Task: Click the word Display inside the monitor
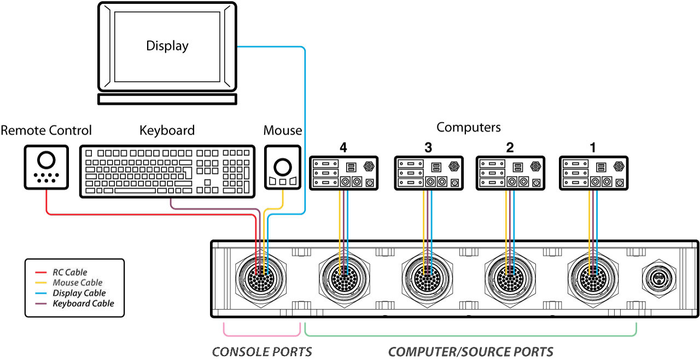pos(167,46)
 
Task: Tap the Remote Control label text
pos(46,131)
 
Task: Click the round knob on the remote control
pos(46,159)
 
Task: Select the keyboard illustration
pos(167,171)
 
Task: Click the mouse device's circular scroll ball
pos(283,166)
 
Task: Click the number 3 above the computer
pos(428,147)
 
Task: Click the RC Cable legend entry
pos(69,272)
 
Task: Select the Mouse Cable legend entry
pos(77,282)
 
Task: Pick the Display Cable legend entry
pos(79,293)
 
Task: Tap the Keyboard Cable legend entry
pos(83,303)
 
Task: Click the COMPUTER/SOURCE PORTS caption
pos(470,351)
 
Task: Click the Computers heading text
pos(468,127)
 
